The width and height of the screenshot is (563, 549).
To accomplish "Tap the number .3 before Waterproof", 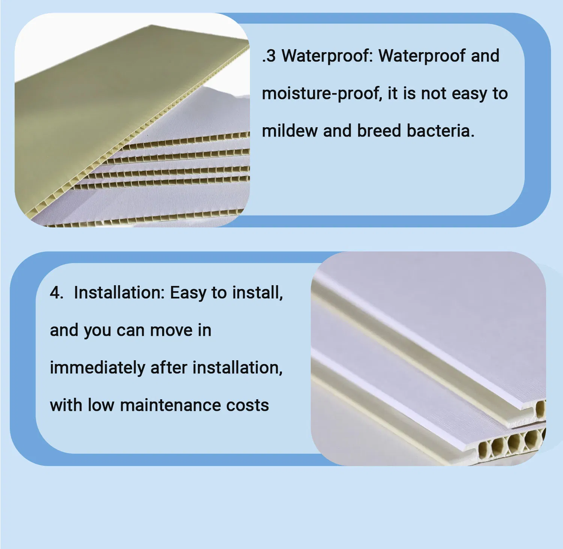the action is click(x=269, y=56).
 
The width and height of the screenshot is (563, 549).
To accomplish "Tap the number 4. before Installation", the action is click(x=56, y=293).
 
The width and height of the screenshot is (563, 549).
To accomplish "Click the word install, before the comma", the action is click(x=257, y=293).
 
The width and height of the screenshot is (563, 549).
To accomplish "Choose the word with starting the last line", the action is click(x=66, y=405).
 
